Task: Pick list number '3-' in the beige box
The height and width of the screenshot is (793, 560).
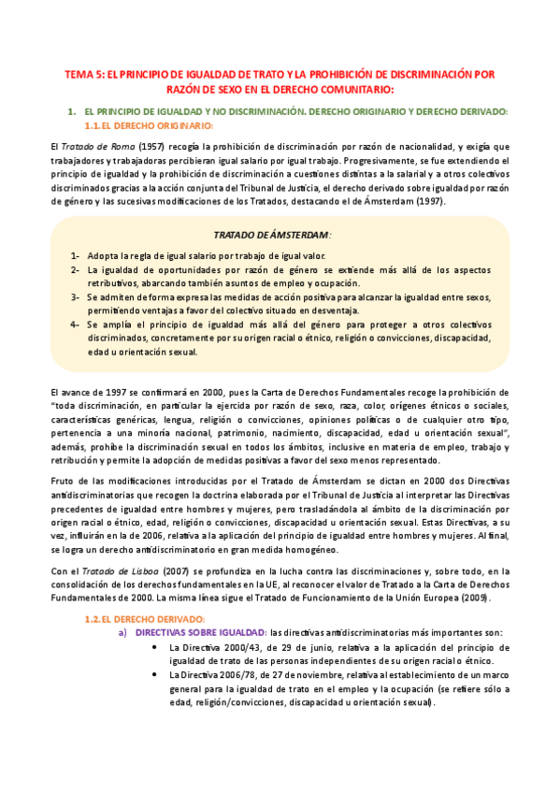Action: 74,296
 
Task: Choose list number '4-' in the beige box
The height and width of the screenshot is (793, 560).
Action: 74,324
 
